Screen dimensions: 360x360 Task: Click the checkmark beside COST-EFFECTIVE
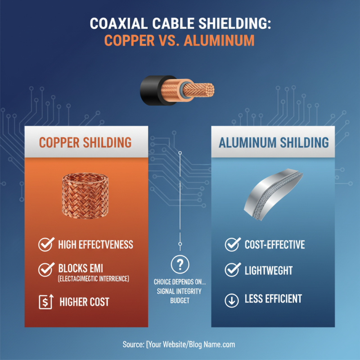click(232, 245)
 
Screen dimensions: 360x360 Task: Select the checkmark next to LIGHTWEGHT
click(232, 270)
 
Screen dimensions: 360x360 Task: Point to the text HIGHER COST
click(84, 301)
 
